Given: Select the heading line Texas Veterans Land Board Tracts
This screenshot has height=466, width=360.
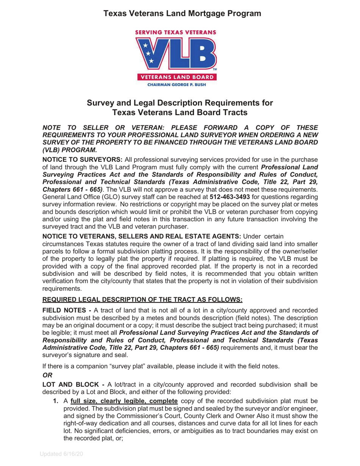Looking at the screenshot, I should [180, 113].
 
